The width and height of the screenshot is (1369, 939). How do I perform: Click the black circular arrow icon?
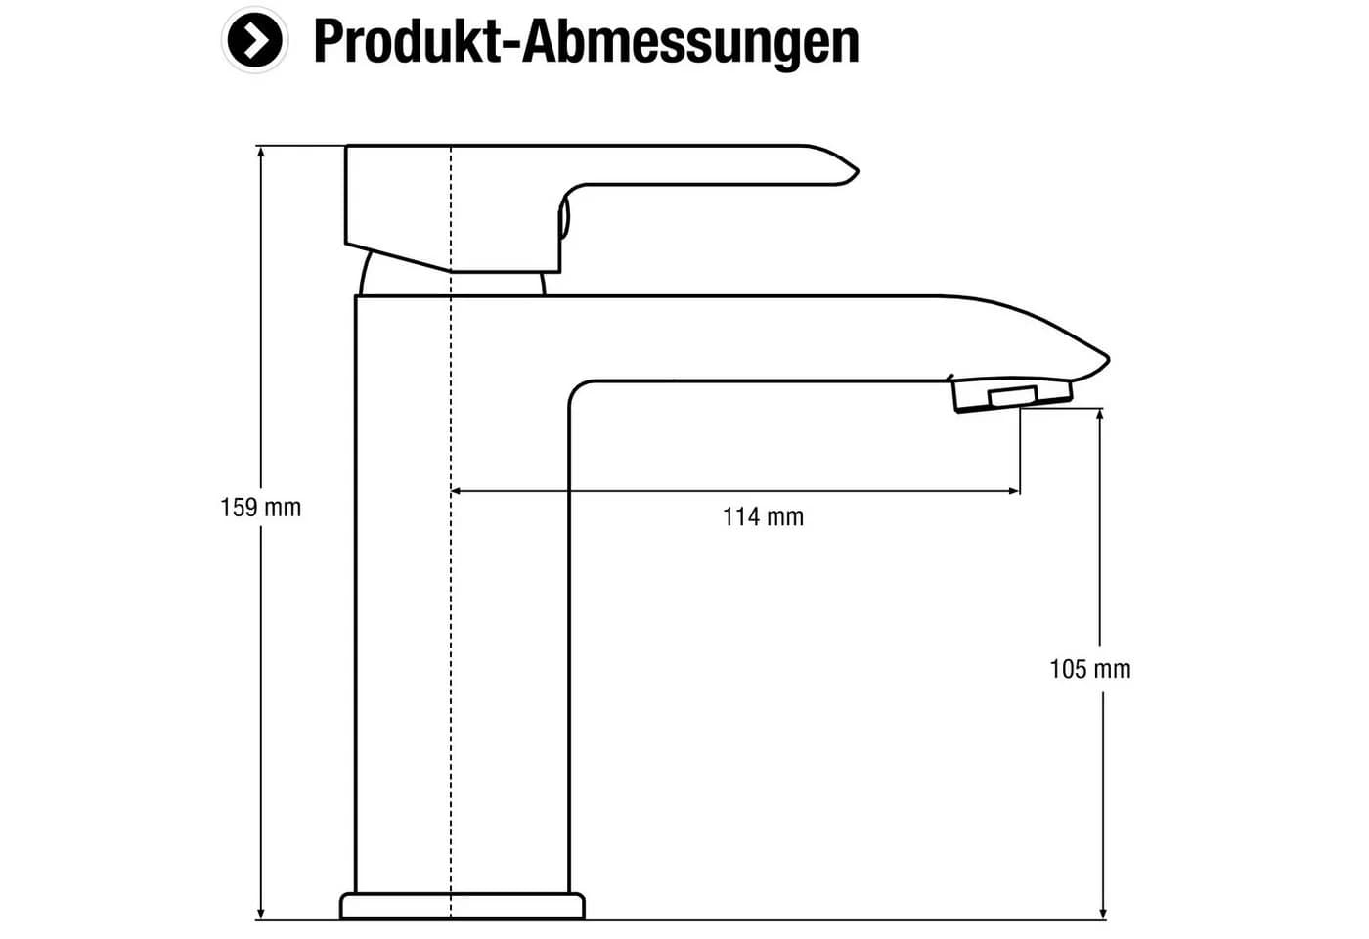(x=254, y=40)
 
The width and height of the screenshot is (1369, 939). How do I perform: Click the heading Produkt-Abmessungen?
(x=587, y=42)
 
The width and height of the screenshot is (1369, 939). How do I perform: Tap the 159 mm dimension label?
(x=260, y=508)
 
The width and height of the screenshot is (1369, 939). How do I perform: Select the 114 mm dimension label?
(x=764, y=517)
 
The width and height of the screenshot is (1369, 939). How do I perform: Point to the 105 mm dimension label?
(x=1090, y=669)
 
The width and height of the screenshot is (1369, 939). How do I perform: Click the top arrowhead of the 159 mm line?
(x=261, y=153)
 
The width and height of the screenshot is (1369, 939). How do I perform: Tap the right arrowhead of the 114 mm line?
(x=1012, y=490)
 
